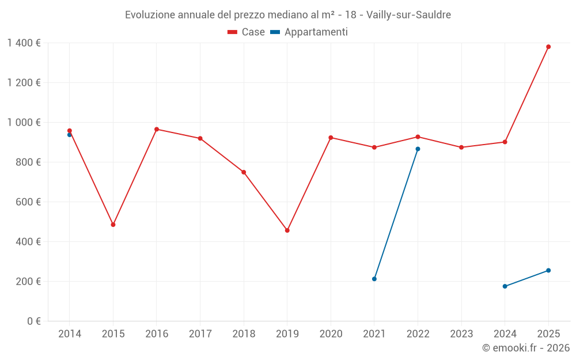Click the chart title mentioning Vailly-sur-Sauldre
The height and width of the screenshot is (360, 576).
[288, 14]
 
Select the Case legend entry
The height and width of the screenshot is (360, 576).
[246, 32]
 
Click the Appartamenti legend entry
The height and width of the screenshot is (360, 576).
[309, 32]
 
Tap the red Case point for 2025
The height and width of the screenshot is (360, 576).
[548, 47]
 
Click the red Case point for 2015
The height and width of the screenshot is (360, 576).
[113, 225]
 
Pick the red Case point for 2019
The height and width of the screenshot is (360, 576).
[287, 230]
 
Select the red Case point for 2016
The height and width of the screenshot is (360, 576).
[157, 129]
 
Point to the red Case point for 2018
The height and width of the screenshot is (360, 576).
[244, 172]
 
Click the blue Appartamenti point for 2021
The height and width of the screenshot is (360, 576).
[374, 279]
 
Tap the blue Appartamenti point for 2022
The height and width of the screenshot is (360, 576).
[418, 149]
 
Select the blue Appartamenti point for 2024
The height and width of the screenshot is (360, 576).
[505, 286]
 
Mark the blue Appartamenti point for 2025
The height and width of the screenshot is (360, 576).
[548, 270]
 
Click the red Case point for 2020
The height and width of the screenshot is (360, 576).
[331, 138]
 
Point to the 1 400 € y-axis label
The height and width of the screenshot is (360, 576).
[24, 43]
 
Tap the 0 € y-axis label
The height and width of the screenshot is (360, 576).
[33, 321]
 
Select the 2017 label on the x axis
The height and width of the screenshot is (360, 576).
[200, 334]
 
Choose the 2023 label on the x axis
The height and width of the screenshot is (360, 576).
[461, 334]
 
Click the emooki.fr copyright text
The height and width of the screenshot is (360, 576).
[525, 348]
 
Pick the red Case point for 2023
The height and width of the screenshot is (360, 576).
[461, 147]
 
